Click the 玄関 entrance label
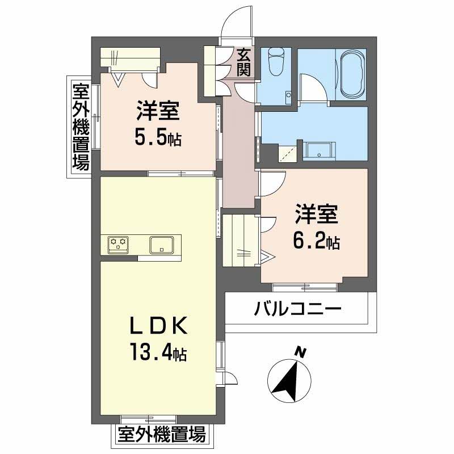pyautogui.click(x=244, y=62)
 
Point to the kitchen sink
pyautogui.click(x=162, y=245)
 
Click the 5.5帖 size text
pyautogui.click(x=158, y=139)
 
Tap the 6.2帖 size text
pyautogui.click(x=317, y=243)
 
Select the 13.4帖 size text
pyautogui.click(x=157, y=355)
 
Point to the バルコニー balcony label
pyautogui.click(x=297, y=310)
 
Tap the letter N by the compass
pyautogui.click(x=301, y=352)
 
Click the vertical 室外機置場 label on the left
pyautogui.click(x=80, y=127)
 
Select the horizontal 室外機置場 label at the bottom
pyautogui.click(x=161, y=436)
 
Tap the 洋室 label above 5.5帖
pyautogui.click(x=158, y=111)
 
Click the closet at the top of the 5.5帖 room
pyautogui.click(x=131, y=57)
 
